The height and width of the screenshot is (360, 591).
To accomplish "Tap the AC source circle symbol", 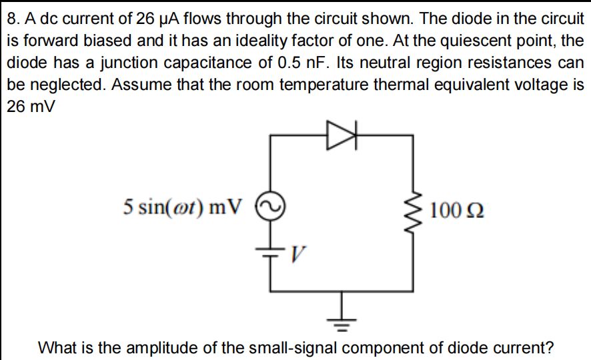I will point(270,206).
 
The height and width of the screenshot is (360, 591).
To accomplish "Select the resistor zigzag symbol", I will point(416,211).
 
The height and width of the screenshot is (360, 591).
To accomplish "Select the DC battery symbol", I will point(270,253).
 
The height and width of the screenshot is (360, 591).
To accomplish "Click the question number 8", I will point(12,18).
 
